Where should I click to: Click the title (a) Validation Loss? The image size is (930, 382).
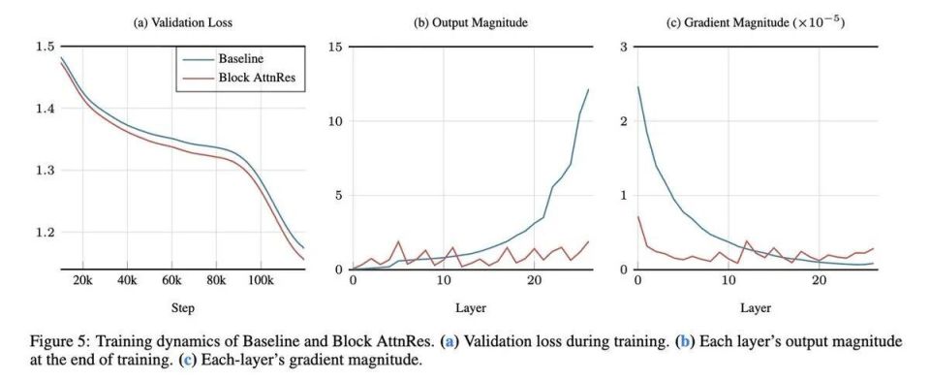click(183, 23)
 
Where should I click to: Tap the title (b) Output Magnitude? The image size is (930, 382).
click(471, 23)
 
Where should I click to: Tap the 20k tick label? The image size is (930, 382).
click(82, 280)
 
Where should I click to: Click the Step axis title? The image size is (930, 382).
click(183, 308)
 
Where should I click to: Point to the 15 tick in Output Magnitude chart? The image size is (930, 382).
click(336, 47)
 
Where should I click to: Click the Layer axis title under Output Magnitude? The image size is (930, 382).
click(471, 308)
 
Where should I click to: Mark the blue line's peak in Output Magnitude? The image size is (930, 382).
click(588, 89)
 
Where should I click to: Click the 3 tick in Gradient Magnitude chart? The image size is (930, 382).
click(624, 47)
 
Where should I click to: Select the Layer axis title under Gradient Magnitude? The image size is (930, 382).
click(756, 308)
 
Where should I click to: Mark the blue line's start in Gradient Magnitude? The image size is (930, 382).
click(638, 86)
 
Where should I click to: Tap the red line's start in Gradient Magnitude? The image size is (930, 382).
click(638, 216)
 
